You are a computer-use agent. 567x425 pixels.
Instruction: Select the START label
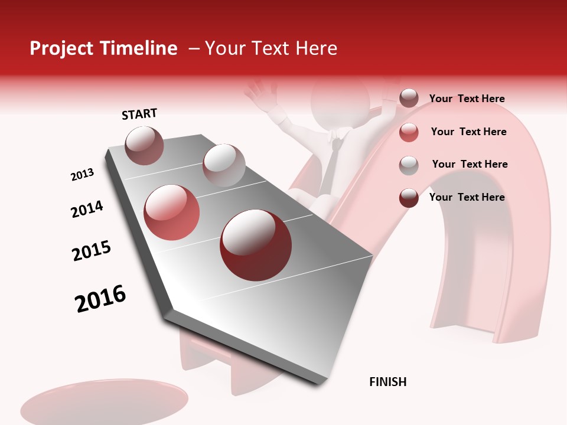click(139, 114)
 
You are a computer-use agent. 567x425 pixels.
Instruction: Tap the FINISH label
click(387, 382)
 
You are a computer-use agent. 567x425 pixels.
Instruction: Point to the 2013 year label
click(82, 175)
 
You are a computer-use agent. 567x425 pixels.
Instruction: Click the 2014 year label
click(87, 209)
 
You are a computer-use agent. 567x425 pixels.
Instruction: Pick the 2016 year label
click(100, 299)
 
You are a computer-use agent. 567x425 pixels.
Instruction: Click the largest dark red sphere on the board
click(256, 245)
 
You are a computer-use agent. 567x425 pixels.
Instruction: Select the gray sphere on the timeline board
click(224, 165)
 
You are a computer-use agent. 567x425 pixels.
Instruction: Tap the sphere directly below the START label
click(144, 145)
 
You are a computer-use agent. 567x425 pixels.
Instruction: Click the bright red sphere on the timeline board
click(172, 212)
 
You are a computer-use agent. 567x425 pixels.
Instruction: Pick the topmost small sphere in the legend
click(409, 98)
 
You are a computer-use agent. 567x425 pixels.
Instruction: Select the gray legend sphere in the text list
click(409, 165)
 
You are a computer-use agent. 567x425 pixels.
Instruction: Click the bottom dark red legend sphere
click(409, 198)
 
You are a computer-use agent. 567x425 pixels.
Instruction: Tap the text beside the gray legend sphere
click(470, 164)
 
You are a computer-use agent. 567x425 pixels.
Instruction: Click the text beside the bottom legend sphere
click(467, 197)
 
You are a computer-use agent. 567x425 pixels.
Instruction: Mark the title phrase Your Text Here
click(271, 48)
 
